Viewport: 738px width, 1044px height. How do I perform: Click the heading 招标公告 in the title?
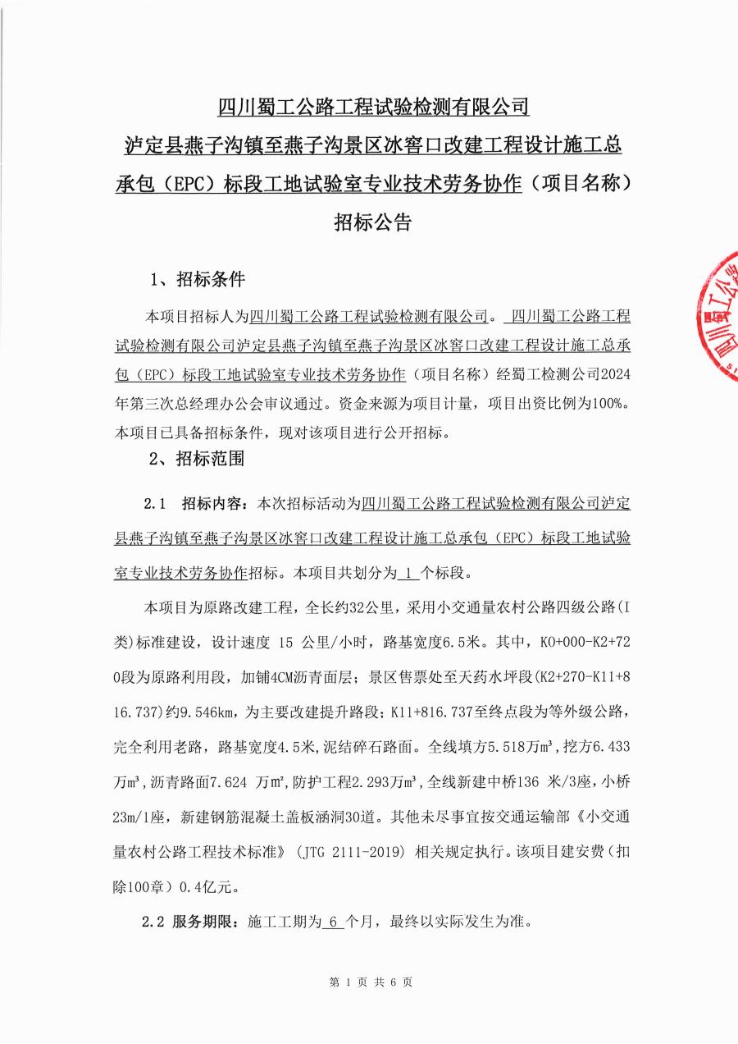(x=371, y=222)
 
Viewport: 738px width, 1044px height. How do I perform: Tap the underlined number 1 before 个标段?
(x=408, y=572)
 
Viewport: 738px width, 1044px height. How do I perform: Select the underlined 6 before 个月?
(x=332, y=922)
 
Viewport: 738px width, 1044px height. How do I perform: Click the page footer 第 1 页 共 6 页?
(x=370, y=982)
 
